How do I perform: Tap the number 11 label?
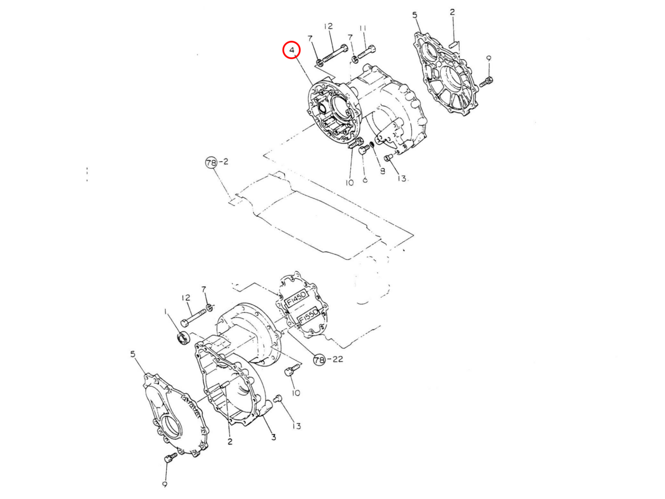click(363, 28)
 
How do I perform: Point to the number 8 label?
click(382, 171)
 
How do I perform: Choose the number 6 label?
click(365, 180)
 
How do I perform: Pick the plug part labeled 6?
click(363, 150)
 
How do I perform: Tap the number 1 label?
click(165, 313)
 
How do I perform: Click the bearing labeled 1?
click(182, 337)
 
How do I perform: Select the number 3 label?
click(273, 437)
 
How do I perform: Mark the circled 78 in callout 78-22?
click(319, 360)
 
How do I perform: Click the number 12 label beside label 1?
click(186, 298)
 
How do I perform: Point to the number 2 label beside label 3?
click(229, 441)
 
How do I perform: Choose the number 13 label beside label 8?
click(402, 179)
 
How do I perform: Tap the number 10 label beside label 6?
click(350, 182)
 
